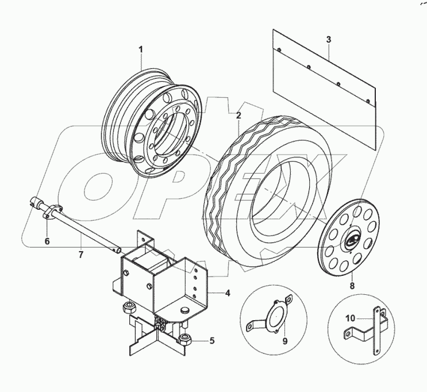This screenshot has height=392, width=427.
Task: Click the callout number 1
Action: (140, 51)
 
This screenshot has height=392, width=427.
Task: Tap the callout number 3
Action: (328, 40)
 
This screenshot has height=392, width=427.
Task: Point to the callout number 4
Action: (228, 293)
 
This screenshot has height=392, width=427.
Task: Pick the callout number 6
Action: (48, 241)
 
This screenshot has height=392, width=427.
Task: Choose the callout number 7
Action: (81, 253)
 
